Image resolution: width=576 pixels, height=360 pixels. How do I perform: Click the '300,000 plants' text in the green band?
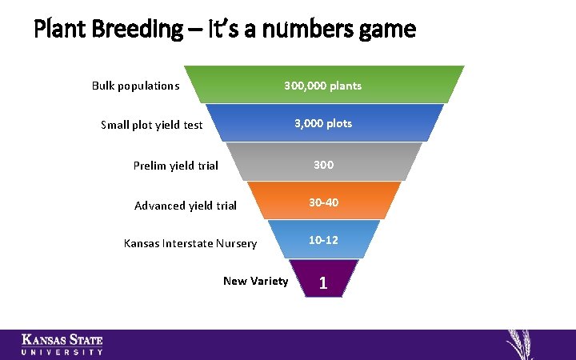(322, 86)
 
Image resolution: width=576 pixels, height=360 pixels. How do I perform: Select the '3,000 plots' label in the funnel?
(322, 124)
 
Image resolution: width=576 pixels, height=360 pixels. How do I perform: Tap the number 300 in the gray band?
(323, 165)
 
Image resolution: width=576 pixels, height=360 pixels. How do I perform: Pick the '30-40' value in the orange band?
(323, 203)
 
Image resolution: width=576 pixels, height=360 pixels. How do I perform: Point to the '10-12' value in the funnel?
(323, 240)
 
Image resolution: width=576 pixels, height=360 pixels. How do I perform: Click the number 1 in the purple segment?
(323, 282)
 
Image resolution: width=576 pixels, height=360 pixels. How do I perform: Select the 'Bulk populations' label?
(135, 86)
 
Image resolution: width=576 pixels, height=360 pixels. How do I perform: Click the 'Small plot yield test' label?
(152, 125)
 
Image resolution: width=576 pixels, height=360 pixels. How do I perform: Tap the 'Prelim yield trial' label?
(175, 166)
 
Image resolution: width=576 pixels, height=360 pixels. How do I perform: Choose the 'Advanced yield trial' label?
(186, 206)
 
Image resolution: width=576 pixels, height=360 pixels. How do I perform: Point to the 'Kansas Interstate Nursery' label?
(190, 243)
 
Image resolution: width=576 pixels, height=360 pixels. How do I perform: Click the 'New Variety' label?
(255, 281)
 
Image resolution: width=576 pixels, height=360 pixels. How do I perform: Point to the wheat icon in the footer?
(524, 344)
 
